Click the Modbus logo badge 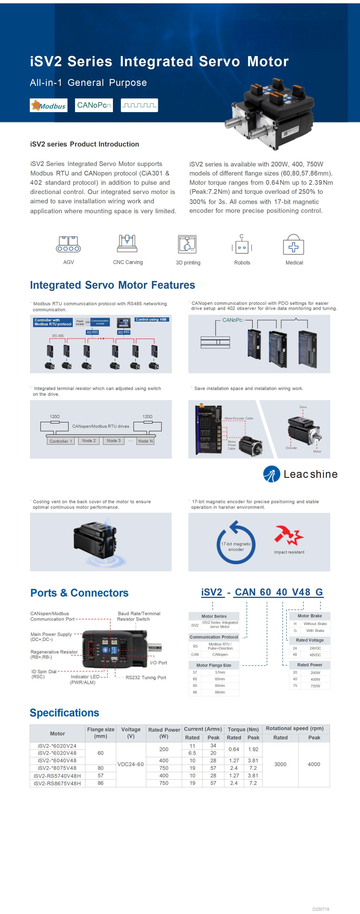pyautogui.click(x=48, y=105)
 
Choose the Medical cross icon pyautogui.click(x=293, y=245)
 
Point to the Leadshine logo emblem pyautogui.click(x=272, y=474)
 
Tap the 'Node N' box pyautogui.click(x=145, y=441)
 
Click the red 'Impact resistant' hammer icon pyautogui.click(x=288, y=535)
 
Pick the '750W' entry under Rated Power pyautogui.click(x=315, y=686)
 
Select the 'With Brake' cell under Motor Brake pyautogui.click(x=315, y=631)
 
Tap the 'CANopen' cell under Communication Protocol pyautogui.click(x=220, y=654)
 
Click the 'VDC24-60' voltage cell pyautogui.click(x=131, y=764)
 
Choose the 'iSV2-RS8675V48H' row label pyautogui.click(x=57, y=783)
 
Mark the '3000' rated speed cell pyautogui.click(x=280, y=764)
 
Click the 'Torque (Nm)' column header pyautogui.click(x=243, y=729)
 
